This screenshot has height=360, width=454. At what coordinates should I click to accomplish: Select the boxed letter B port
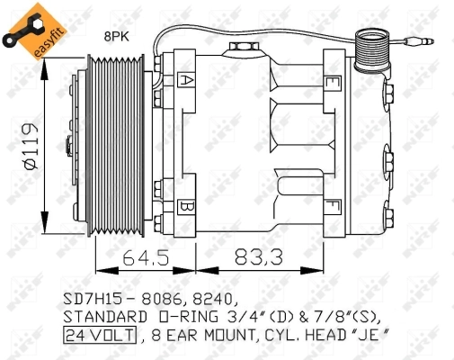(x=186, y=206)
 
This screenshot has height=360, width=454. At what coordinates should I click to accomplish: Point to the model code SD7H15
(x=93, y=296)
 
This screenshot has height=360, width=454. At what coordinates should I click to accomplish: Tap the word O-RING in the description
(x=182, y=316)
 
